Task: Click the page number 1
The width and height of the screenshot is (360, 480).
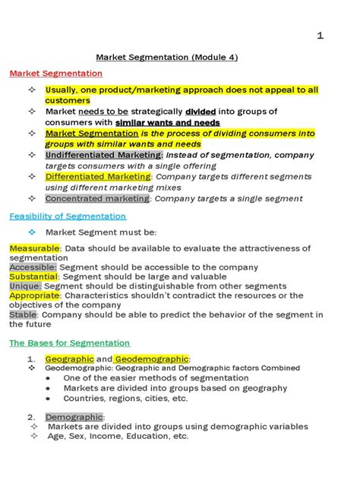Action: coord(321,36)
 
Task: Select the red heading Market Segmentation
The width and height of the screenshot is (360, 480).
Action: coord(55,74)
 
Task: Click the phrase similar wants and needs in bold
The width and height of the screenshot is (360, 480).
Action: coord(168,122)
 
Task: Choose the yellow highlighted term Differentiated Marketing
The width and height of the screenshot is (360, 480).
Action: coord(98,177)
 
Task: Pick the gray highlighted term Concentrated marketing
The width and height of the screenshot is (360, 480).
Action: coord(97,198)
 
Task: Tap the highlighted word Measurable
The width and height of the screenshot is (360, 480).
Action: coord(34,248)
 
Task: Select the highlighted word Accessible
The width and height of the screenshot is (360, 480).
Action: coord(33,267)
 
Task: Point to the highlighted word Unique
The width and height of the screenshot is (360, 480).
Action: coord(26,286)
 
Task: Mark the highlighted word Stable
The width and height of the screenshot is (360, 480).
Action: coord(24,314)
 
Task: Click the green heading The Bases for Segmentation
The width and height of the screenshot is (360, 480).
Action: coord(69,343)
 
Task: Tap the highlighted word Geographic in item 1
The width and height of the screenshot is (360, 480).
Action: coord(69,359)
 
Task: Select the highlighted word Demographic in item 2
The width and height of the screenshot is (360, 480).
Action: coord(74,417)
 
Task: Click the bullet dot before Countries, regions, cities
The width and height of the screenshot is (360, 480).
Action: coord(48,398)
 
